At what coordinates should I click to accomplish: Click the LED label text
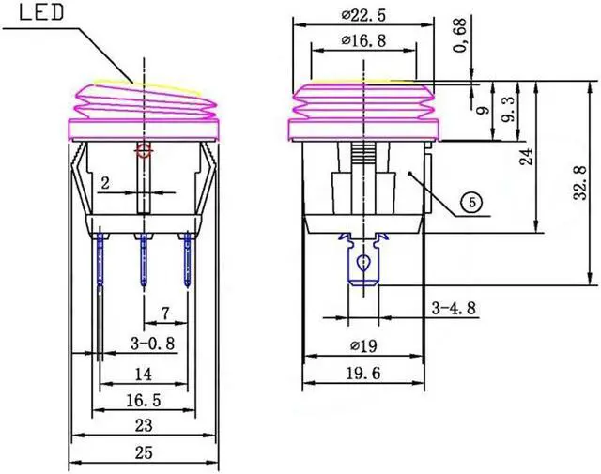click(38, 13)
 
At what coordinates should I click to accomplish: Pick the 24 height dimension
click(528, 155)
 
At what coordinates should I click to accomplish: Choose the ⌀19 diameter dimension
click(363, 345)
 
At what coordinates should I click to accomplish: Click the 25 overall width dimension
click(143, 452)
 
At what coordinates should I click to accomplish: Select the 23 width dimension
click(143, 425)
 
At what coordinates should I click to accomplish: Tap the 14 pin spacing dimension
click(143, 373)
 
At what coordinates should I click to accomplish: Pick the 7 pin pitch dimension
click(165, 312)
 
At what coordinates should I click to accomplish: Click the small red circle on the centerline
click(143, 149)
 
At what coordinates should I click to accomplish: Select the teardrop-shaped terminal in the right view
click(363, 268)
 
